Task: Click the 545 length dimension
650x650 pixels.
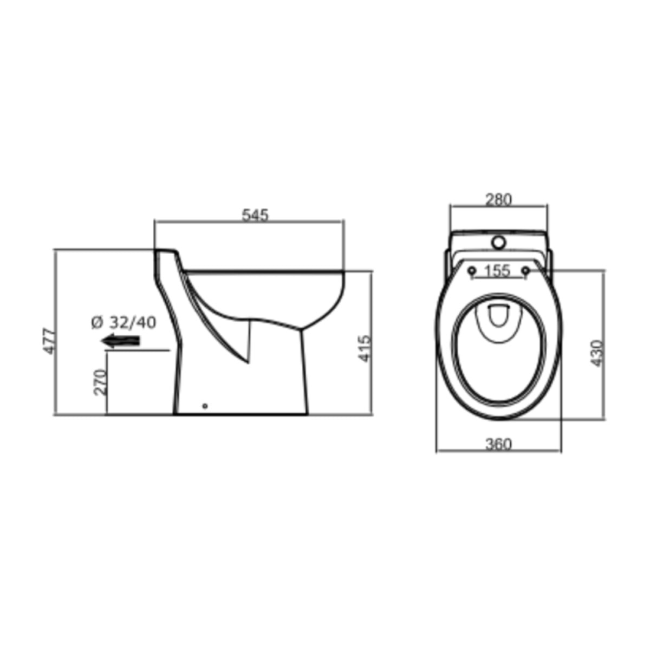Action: tap(255, 215)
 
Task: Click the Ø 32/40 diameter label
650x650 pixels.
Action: tap(123, 323)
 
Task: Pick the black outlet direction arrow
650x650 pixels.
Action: tap(120, 341)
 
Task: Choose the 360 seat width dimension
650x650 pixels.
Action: tap(498, 444)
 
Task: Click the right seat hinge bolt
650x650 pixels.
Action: tap(525, 270)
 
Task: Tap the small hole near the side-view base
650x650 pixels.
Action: tap(204, 405)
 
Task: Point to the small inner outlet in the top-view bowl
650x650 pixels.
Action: tap(498, 317)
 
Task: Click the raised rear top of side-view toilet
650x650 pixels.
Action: tap(165, 251)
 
